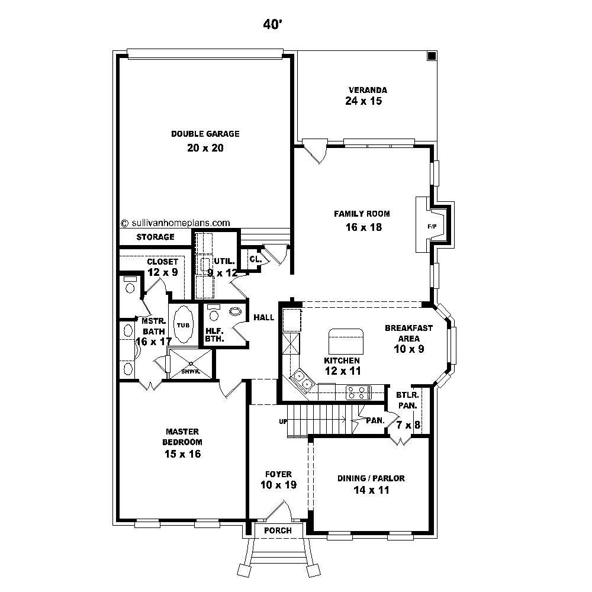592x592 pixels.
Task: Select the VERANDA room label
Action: (368, 90)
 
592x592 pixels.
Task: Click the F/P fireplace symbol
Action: (431, 227)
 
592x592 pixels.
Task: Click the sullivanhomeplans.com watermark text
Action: (175, 223)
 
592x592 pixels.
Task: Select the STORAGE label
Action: (155, 237)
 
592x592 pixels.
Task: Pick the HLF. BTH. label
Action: (214, 335)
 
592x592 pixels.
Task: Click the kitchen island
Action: (346, 342)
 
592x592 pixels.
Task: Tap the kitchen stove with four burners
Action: (358, 392)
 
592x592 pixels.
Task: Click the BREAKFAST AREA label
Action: (408, 333)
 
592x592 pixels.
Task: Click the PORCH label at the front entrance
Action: (278, 530)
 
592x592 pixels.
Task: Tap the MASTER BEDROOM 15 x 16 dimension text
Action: (182, 454)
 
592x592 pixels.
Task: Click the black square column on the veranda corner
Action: (432, 56)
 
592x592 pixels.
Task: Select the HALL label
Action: (263, 318)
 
